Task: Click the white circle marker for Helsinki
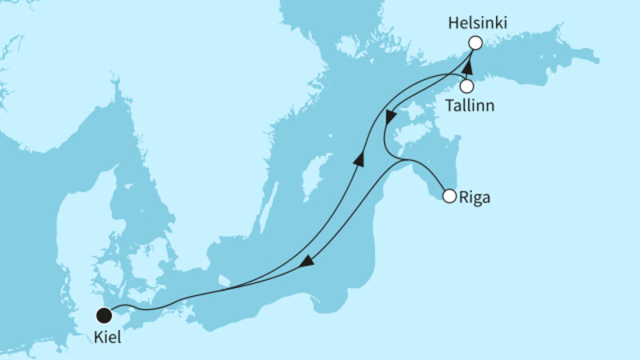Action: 475,43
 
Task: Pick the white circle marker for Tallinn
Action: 467,86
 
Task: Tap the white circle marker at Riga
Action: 450,195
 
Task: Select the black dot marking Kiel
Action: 104,314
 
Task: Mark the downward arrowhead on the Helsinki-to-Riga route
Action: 390,118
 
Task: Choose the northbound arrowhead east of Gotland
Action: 359,159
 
